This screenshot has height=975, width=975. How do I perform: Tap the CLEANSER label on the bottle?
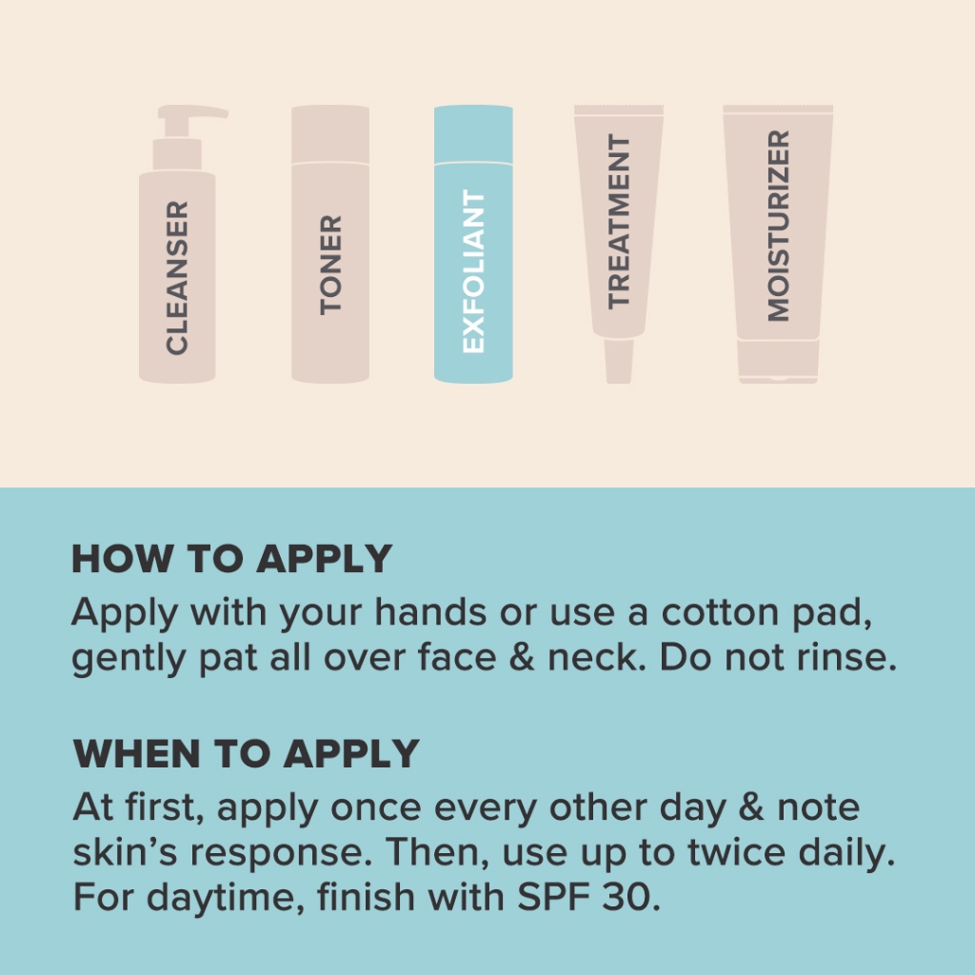coord(177,278)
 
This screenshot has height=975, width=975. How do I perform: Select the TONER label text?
coord(330,265)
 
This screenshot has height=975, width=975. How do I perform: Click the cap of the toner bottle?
coord(330,133)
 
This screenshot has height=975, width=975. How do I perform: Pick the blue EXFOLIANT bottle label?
coord(474,271)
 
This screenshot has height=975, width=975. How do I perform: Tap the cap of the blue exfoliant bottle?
coord(473,133)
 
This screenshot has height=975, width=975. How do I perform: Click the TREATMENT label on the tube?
coord(619,221)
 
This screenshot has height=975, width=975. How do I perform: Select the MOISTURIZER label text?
coord(778,226)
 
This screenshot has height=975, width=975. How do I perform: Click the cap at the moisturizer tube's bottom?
coord(778,361)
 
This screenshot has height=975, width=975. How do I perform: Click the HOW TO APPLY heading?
coord(232,558)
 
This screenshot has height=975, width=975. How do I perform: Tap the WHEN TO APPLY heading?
coord(247,754)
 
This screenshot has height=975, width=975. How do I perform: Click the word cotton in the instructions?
coord(720,612)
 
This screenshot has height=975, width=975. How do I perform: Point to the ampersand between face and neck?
coord(522,657)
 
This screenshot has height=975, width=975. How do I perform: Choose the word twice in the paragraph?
coord(737,852)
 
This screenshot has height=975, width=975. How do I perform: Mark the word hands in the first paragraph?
coord(430,612)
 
